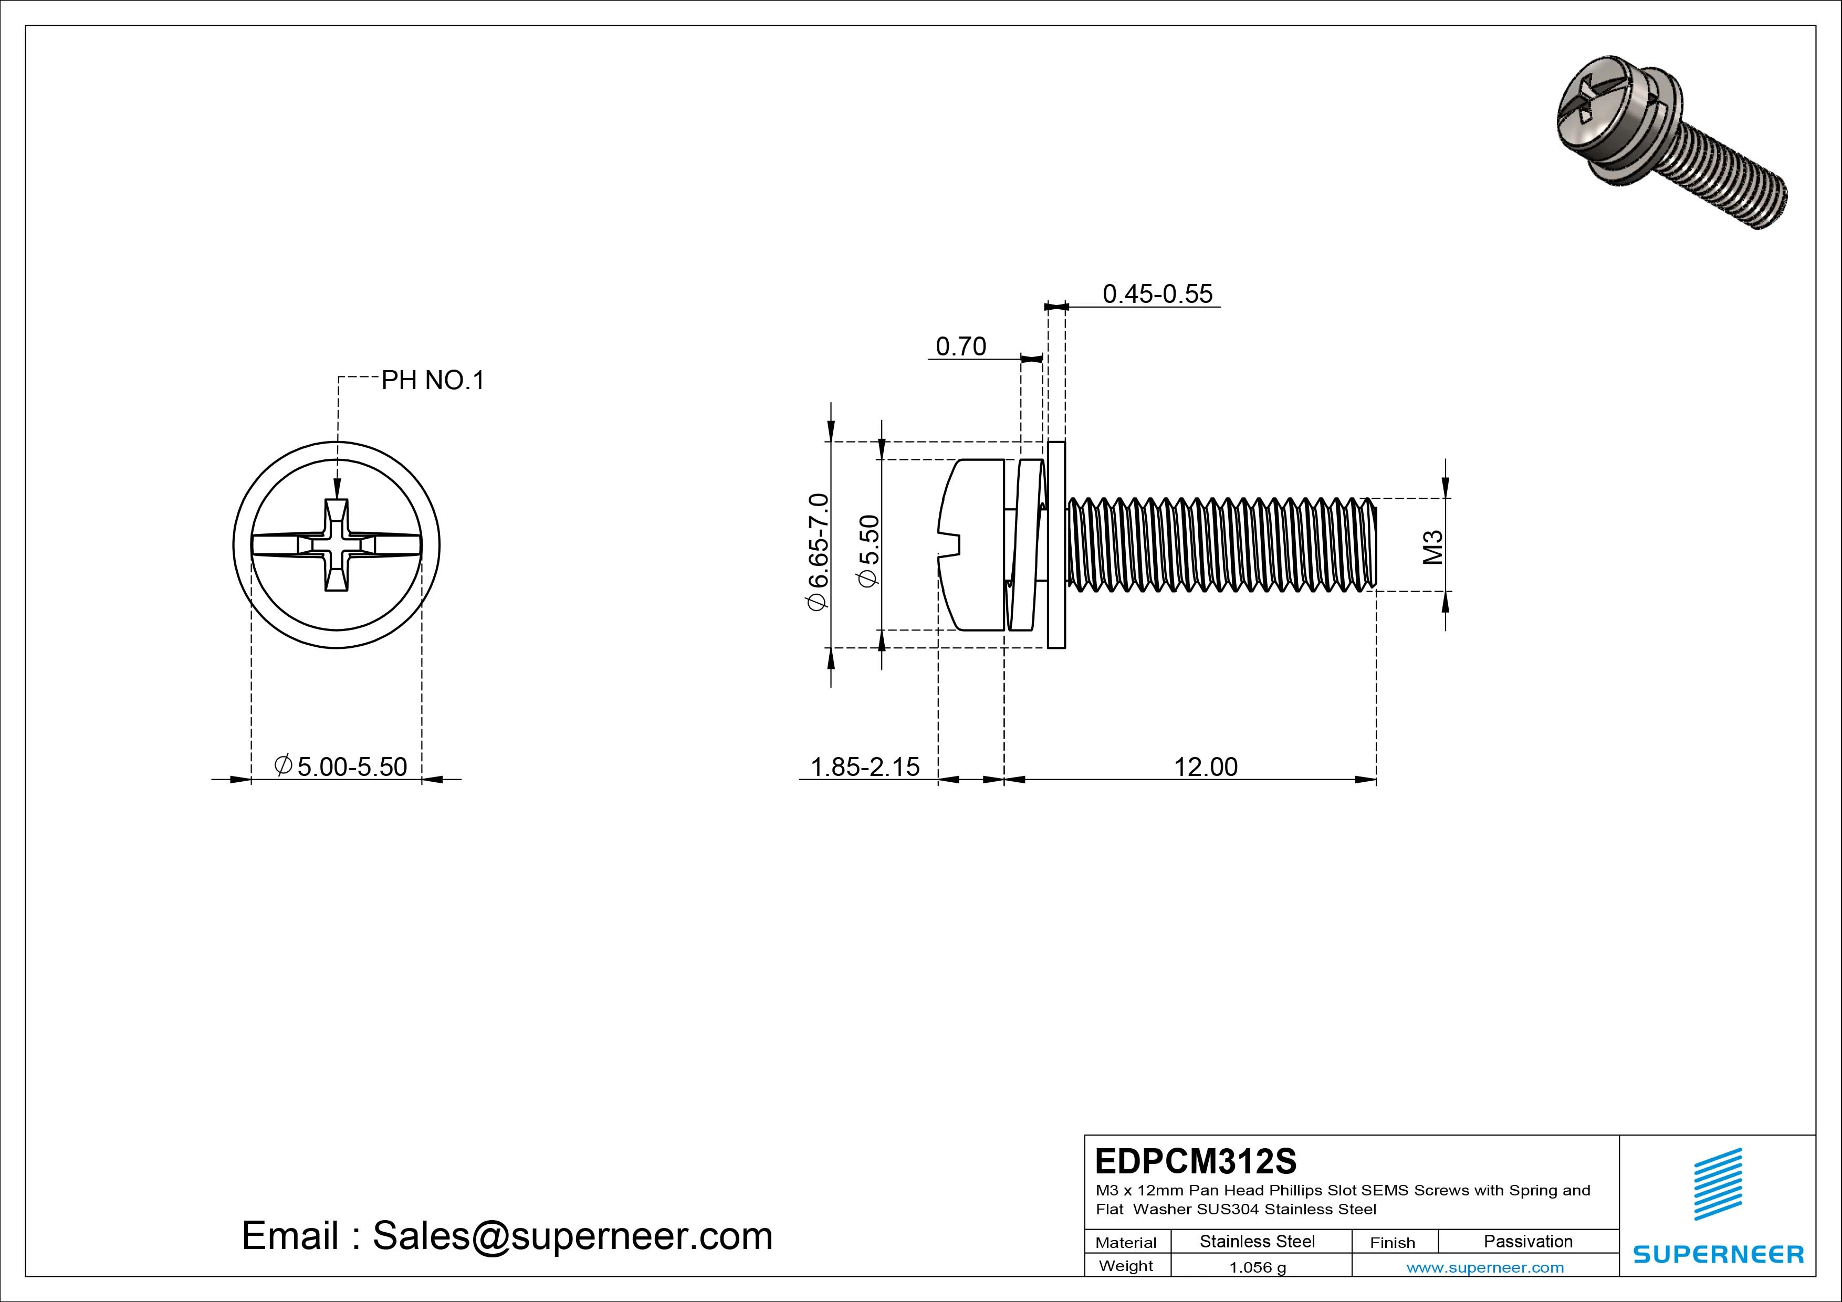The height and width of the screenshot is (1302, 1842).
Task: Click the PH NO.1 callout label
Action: pyautogui.click(x=433, y=380)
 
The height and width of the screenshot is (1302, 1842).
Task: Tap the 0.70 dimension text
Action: pyautogui.click(x=960, y=346)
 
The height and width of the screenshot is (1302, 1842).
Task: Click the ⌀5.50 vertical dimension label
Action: pyautogui.click(x=869, y=551)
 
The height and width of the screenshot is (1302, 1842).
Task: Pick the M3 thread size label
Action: pyautogui.click(x=1433, y=547)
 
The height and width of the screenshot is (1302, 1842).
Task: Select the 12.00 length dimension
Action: pyautogui.click(x=1205, y=767)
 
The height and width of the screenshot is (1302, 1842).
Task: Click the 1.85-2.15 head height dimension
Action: pyautogui.click(x=865, y=767)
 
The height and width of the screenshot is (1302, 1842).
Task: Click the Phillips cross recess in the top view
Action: pyautogui.click(x=336, y=545)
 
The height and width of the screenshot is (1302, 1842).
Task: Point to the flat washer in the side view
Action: pyautogui.click(x=1056, y=545)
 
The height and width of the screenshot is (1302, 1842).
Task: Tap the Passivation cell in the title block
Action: pyautogui.click(x=1527, y=1241)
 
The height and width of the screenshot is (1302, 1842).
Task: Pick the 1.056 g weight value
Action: pyautogui.click(x=1257, y=1267)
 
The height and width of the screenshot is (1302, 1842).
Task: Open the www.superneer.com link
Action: pyautogui.click(x=1484, y=1267)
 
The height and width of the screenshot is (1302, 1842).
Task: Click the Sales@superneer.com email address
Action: pyautogui.click(x=572, y=1235)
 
